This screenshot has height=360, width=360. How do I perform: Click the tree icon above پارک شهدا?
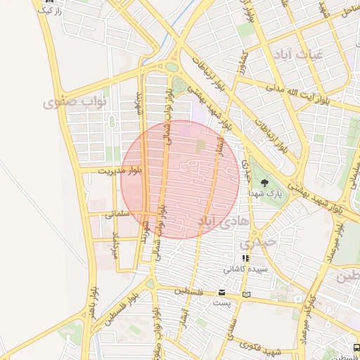point(266,181)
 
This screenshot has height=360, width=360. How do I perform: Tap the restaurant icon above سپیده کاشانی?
point(245,258)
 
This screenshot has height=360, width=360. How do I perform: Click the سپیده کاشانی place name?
point(245,269)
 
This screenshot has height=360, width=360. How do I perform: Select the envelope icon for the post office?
point(222,292)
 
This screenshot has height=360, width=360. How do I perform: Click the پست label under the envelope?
point(222,302)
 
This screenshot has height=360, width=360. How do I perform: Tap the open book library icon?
point(245,294)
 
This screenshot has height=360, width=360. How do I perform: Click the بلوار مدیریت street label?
point(120,171)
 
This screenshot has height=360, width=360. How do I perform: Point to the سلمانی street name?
point(118,214)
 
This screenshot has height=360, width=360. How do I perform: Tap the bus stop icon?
point(357,347)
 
